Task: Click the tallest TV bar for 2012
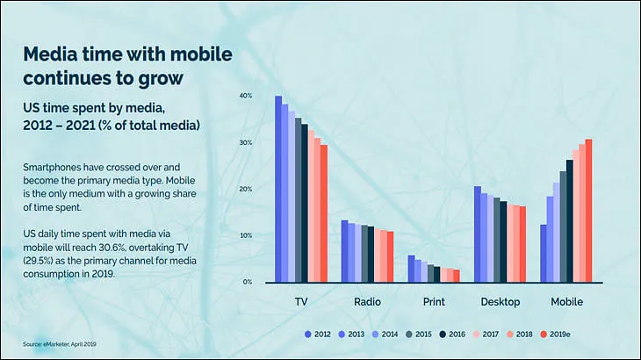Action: click(278, 189)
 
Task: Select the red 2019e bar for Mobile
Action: click(588, 211)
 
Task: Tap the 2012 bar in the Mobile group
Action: click(544, 254)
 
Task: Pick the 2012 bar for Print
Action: click(411, 269)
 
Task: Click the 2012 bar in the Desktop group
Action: click(478, 234)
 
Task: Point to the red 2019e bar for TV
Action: click(324, 213)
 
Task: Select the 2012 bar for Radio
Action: click(344, 251)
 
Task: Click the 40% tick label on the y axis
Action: click(246, 96)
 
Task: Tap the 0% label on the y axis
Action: click(248, 282)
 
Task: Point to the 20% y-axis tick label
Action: click(246, 189)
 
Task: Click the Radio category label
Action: click(367, 302)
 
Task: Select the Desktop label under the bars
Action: click(501, 302)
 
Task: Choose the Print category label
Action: click(434, 302)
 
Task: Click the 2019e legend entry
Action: click(555, 335)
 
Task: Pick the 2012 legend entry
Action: click(318, 335)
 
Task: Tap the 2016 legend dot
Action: click(443, 335)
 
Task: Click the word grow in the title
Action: click(160, 78)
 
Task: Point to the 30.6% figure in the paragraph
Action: click(112, 248)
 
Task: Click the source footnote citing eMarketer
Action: click(60, 344)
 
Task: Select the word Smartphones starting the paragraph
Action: click(51, 168)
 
